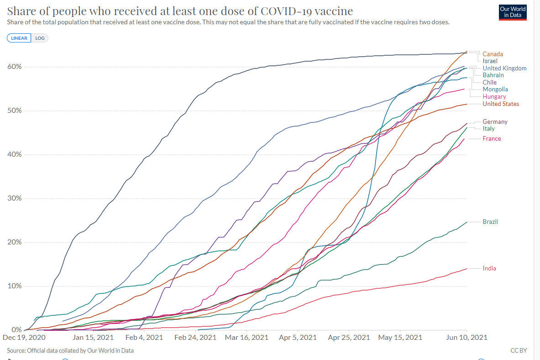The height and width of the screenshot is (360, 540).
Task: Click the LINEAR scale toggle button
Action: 19,38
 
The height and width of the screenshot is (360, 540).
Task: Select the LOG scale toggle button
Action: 40,38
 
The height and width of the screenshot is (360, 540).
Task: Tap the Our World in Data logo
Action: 513,12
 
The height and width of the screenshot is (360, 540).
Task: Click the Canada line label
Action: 493,54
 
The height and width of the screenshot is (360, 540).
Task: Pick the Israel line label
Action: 490,61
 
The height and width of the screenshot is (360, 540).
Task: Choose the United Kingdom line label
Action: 504,68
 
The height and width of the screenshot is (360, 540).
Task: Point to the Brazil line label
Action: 490,222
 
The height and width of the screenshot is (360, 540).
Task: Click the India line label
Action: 489,268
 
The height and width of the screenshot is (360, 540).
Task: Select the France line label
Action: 492,138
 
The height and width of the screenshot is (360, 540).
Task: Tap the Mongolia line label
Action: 495,89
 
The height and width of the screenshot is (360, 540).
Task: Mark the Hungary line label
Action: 494,96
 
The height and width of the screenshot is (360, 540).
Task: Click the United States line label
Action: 501,104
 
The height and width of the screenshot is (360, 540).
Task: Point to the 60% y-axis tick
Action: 14,67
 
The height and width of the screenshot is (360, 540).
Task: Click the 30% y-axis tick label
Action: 14,198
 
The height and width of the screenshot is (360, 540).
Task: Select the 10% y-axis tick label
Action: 14,286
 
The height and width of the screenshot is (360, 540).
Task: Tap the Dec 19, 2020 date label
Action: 24,338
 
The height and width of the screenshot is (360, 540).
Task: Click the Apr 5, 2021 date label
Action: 297,338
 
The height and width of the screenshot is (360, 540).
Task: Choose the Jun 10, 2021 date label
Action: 466,338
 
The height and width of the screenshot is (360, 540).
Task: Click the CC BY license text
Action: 519,350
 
